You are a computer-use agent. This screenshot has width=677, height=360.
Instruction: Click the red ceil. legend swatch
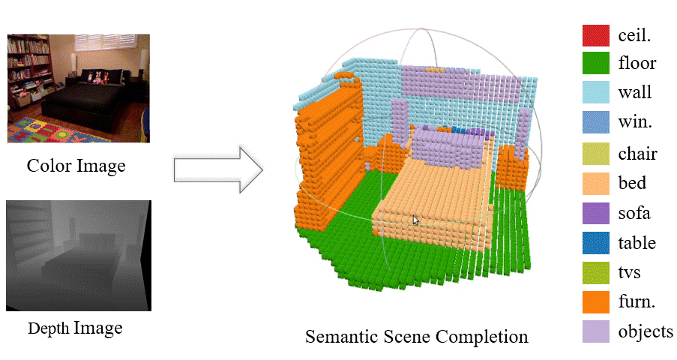(596, 34)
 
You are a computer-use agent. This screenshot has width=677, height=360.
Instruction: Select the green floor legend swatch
(596, 64)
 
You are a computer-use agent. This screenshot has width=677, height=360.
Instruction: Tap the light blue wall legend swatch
(596, 93)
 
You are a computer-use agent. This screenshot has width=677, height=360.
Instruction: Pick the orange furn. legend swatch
(596, 301)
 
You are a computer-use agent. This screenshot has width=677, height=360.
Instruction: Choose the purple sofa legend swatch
(596, 213)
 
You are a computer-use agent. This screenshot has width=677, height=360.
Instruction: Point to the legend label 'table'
(637, 243)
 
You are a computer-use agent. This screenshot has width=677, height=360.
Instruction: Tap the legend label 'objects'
(646, 331)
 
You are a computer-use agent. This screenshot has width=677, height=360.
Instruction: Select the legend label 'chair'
(637, 154)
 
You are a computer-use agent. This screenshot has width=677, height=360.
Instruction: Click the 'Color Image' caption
(76, 166)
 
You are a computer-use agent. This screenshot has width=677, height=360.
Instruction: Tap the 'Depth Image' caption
(75, 328)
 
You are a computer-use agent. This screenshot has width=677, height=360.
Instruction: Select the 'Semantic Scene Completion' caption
(416, 337)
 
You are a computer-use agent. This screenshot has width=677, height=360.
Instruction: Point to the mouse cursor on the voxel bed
(415, 220)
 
